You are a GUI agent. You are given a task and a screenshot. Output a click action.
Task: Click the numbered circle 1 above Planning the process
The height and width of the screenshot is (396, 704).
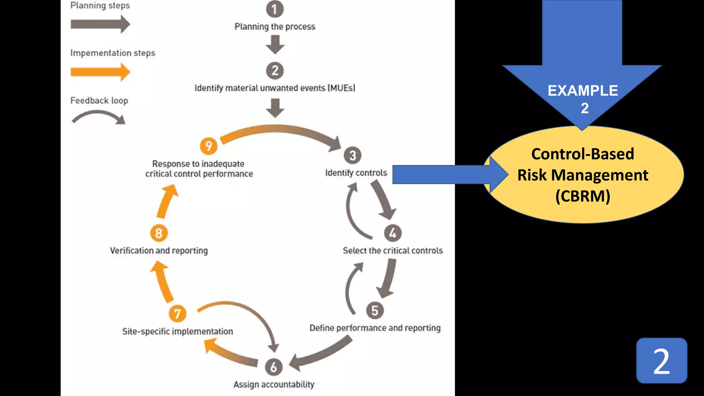pos(275,9)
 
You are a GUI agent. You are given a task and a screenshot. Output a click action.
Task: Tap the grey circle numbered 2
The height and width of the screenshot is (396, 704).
pos(275,70)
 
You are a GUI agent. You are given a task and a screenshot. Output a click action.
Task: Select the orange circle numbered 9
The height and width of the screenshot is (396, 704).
pos(209,146)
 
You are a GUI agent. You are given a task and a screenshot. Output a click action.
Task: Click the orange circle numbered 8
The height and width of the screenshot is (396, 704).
pos(159,233)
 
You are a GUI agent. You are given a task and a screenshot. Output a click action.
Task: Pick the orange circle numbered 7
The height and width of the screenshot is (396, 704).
pos(177,313)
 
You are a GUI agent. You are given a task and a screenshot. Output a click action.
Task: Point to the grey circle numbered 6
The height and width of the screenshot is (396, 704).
pos(274,367)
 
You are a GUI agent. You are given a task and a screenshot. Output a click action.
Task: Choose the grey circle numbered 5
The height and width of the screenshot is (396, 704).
pos(375,310)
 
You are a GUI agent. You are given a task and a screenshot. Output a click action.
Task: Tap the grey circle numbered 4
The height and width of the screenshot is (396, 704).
pos(393,233)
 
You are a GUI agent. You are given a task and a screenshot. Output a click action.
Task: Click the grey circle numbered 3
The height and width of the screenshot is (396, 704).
pos(352,155)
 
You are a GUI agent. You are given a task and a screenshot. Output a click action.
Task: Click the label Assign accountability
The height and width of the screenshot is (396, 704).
pos(274,384)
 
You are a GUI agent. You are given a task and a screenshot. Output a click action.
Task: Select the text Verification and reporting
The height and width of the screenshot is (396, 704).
pos(159,251)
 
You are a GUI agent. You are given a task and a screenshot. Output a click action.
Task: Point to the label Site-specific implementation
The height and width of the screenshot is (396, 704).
pos(177,331)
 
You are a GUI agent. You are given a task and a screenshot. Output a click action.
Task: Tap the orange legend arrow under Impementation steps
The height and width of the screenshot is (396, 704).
pos(100,72)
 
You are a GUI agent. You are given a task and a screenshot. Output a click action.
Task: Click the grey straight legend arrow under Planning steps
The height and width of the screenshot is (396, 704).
pos(100,24)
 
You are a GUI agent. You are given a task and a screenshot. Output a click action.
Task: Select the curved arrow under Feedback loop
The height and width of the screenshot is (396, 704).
pos(99,117)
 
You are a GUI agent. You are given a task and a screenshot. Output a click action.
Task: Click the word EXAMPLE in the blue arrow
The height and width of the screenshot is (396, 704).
pos(582,91)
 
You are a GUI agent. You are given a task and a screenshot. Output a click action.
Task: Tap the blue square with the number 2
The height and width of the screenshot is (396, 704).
pos(661,361)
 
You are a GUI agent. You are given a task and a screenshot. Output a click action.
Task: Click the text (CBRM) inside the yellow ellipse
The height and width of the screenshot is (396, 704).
pos(583,196)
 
